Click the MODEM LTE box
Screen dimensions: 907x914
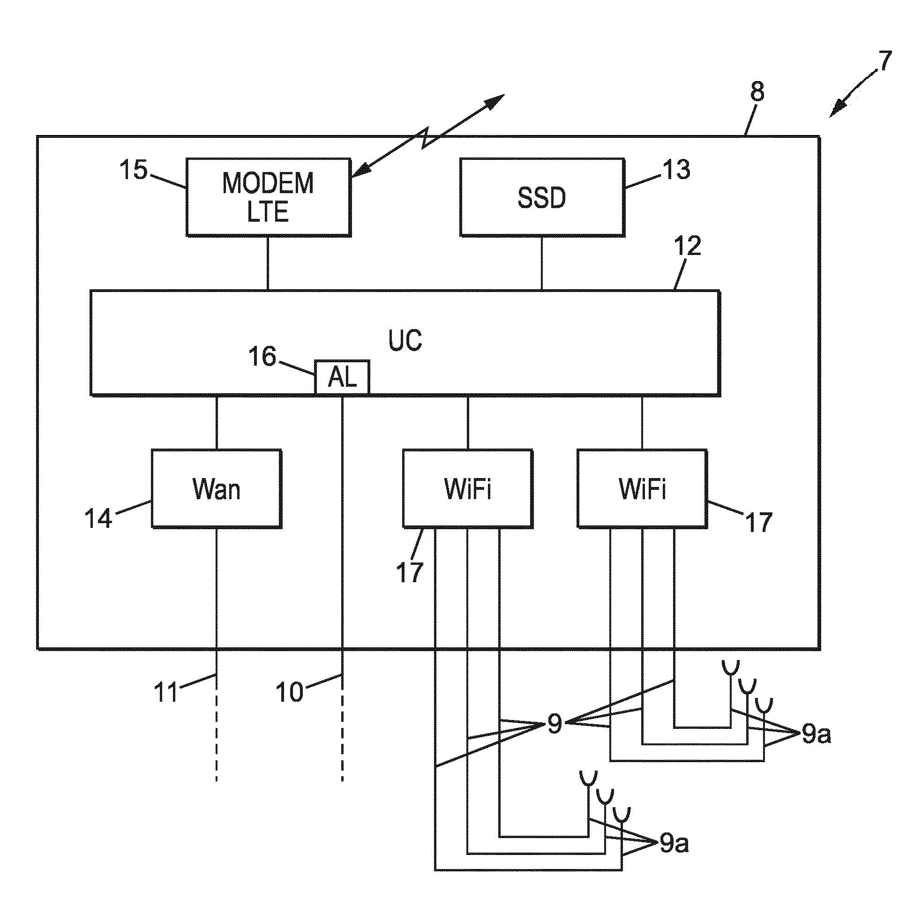pos(268,197)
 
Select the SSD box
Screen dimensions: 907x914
pos(542,197)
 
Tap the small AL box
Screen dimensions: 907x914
pos(342,376)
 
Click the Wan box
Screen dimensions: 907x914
pos(217,488)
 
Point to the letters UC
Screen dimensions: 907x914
pos(405,340)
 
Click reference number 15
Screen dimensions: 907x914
pos(134,170)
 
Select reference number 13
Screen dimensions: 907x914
pos(677,169)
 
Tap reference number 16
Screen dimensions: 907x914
pos(262,356)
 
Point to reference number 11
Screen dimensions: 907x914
pos(166,692)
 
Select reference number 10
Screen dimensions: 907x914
pos(289,692)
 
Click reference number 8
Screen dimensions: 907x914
pos(757,92)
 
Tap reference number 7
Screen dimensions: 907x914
pos(884,61)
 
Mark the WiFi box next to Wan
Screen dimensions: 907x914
pos(467,488)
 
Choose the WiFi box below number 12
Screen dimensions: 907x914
pos(642,488)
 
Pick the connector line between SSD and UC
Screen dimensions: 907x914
pos(542,263)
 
